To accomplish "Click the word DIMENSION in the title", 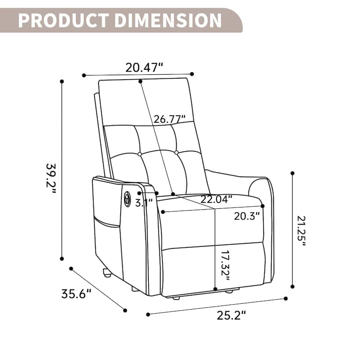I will pos(165,20).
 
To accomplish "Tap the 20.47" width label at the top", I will pos(144,68).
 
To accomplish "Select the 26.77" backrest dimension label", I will pos(170,119).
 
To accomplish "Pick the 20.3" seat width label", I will pos(247,216).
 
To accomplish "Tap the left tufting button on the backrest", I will pos(139,154).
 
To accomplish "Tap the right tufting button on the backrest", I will pos(176,153).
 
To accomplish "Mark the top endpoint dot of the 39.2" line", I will pos(62,81).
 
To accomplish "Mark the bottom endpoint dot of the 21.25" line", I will pos(292,286).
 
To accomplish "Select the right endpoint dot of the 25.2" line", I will pos(285,298).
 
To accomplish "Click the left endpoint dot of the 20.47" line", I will pos(84,75).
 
